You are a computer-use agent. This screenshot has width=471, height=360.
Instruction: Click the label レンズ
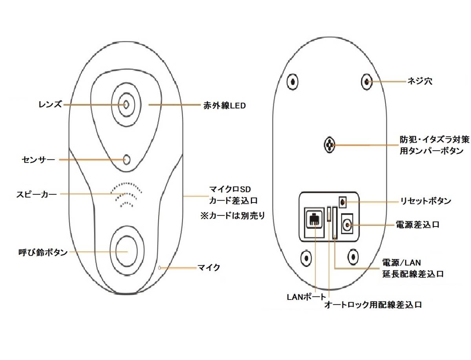tap(50, 105)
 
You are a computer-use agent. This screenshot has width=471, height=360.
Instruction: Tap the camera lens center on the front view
tap(126, 105)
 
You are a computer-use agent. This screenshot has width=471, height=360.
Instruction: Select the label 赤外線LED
tap(224, 105)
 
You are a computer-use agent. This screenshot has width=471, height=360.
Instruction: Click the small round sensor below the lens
tap(126, 159)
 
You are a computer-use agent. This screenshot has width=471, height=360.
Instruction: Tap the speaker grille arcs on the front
tap(126, 194)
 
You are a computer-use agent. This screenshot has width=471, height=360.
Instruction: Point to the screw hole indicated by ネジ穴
tap(366, 81)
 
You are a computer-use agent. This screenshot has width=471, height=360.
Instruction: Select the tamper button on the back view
tap(329, 145)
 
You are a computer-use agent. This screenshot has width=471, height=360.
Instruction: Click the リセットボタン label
tap(425, 201)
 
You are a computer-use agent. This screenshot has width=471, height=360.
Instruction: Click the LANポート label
tap(306, 296)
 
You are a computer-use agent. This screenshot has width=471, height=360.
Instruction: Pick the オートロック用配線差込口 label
tap(373, 305)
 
